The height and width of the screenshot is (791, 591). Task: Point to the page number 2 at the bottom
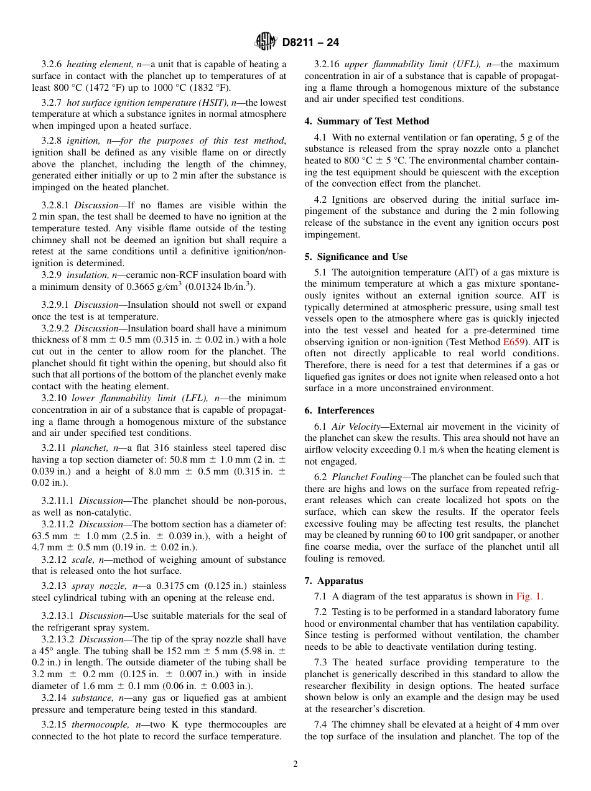point(295,764)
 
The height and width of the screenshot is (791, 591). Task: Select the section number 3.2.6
point(52,64)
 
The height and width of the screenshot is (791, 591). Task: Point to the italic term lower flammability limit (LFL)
point(141,398)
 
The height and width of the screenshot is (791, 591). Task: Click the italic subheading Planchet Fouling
point(368,477)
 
